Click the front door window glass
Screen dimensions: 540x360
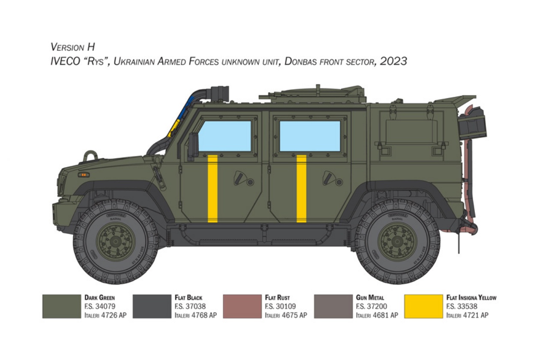[225, 136]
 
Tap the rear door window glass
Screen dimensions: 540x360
[310, 136]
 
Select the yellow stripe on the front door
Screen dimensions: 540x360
[213, 189]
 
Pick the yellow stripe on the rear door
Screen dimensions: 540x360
[302, 189]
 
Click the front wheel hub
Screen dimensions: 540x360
[116, 242]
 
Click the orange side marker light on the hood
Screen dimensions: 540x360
[84, 174]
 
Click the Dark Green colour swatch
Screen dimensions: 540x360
[62, 306]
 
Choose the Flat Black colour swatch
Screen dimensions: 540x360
[152, 306]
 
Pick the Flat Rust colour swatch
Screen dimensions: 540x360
[242, 306]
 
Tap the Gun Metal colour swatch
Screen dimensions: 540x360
[333, 306]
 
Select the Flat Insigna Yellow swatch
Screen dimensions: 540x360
[423, 306]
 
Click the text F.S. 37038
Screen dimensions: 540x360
[190, 306]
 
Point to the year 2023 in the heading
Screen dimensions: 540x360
[393, 61]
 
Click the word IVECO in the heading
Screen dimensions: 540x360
[65, 61]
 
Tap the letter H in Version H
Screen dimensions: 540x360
[91, 47]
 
